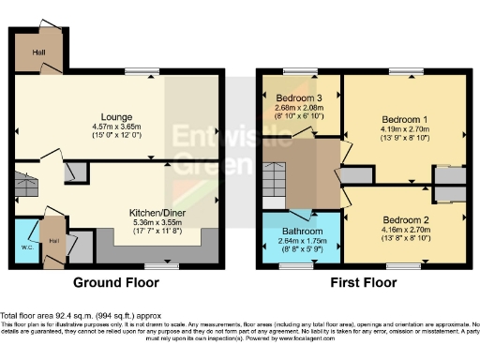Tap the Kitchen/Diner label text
coord(156,213)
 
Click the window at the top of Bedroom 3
coord(300,73)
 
